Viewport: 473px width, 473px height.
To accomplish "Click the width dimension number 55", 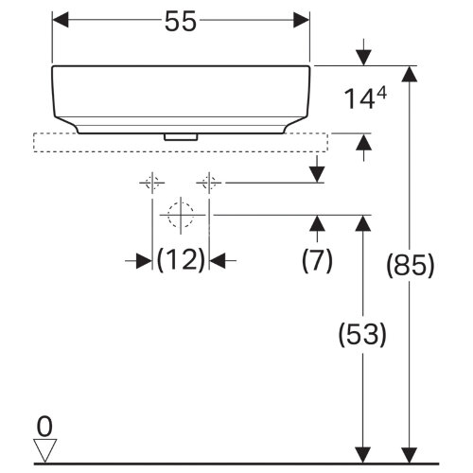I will click(x=181, y=22).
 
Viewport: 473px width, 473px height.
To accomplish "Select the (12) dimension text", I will click(x=181, y=259).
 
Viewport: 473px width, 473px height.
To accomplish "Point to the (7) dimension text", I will click(x=317, y=260).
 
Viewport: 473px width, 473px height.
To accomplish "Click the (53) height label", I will click(x=360, y=333).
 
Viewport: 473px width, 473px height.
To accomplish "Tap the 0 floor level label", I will click(x=44, y=425).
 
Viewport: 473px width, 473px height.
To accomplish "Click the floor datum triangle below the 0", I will click(x=44, y=451).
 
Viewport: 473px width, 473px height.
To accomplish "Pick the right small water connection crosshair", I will click(x=209, y=181).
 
